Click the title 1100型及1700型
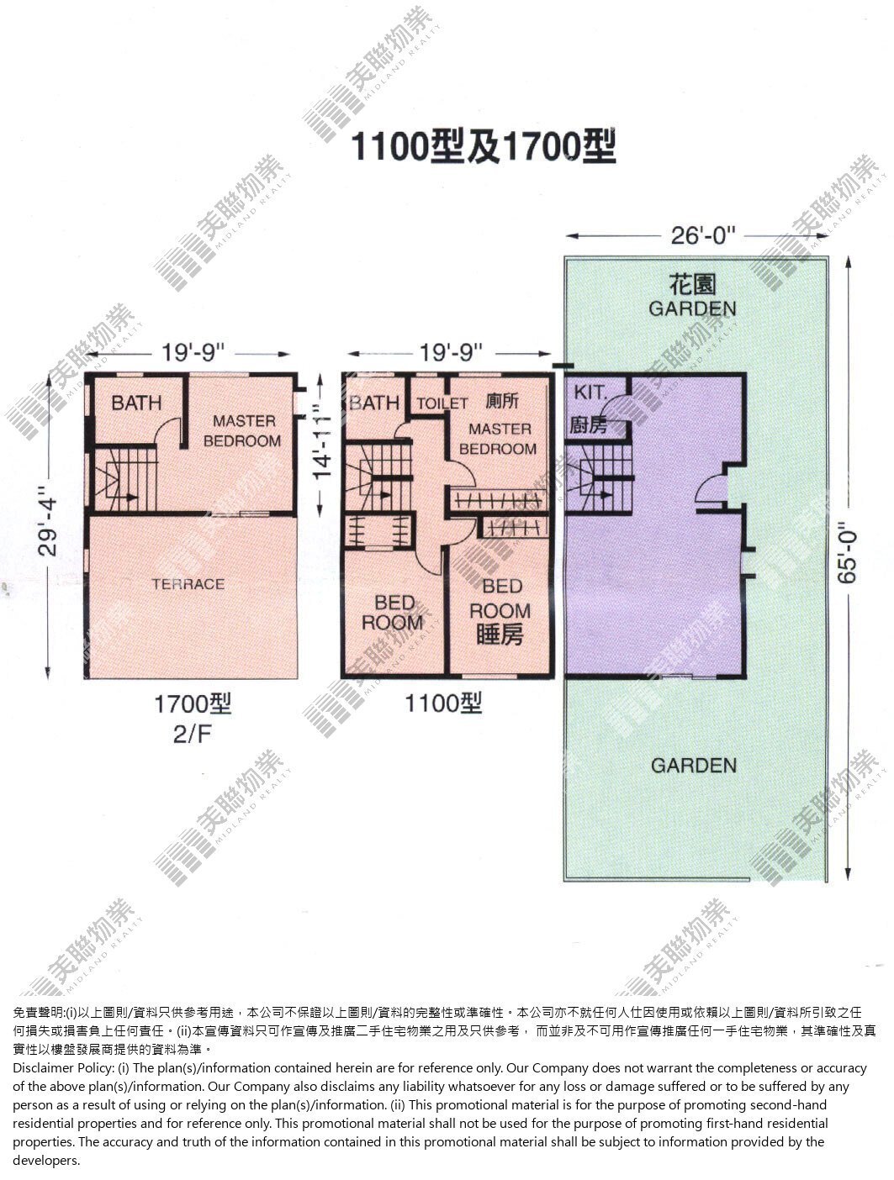click(483, 147)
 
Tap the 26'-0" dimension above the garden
click(702, 235)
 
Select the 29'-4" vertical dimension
click(47, 527)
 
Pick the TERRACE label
click(188, 584)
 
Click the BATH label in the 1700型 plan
click(136, 403)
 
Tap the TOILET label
click(442, 403)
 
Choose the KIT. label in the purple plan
click(590, 392)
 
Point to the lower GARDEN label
click(693, 766)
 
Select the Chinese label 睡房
click(500, 635)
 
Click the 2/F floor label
click(192, 734)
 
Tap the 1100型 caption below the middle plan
click(442, 703)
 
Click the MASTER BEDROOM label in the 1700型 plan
click(242, 430)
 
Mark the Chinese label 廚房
click(588, 425)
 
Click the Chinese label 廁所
click(502, 401)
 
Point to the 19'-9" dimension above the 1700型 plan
click(192, 353)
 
